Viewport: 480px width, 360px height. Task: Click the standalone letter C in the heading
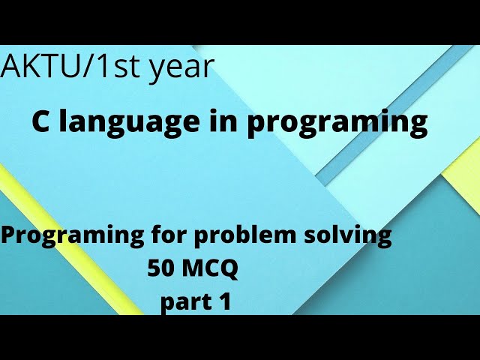pos(40,121)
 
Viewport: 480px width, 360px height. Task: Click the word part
pos(184,303)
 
